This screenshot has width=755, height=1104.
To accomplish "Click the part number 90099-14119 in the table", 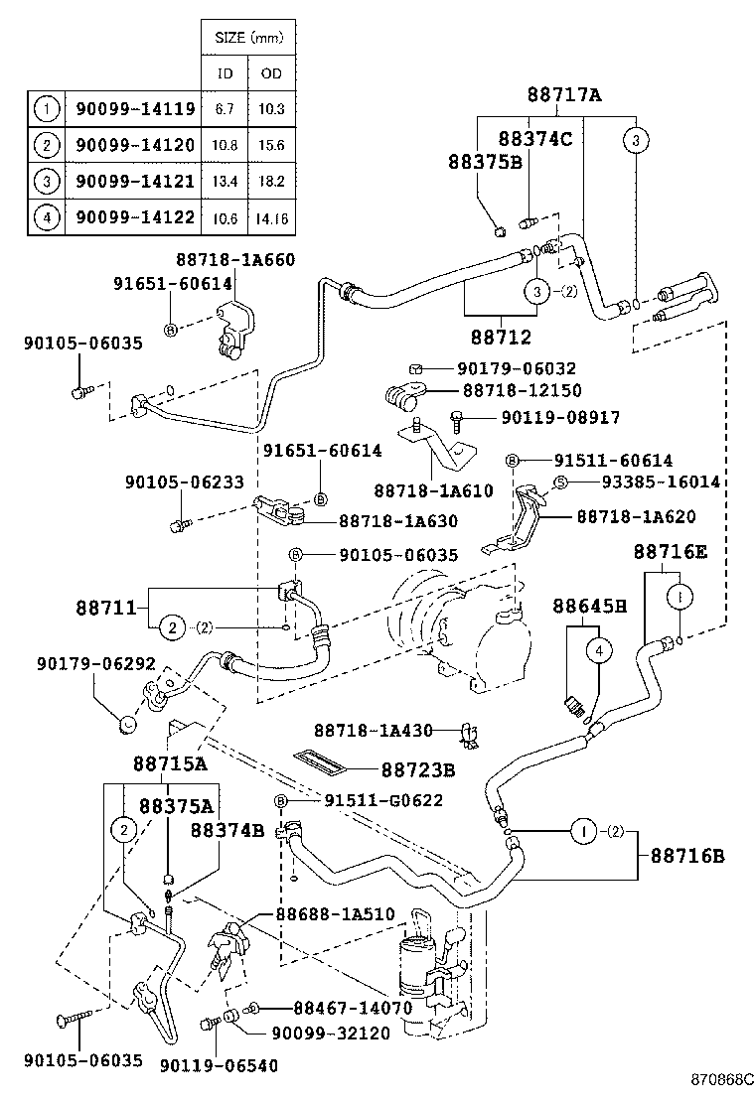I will coord(135,109).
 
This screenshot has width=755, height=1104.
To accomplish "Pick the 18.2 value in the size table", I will coord(271,181).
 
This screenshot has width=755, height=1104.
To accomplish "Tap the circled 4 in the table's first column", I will coord(46,215).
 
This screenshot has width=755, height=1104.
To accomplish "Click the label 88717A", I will coord(564,95).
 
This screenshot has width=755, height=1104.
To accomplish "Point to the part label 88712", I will coord(501,337).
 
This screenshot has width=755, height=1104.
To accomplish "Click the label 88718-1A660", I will coord(235,260).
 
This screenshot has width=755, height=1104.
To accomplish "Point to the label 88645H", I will coord(589,606).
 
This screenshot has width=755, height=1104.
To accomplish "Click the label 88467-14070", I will coord(338,1008).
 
